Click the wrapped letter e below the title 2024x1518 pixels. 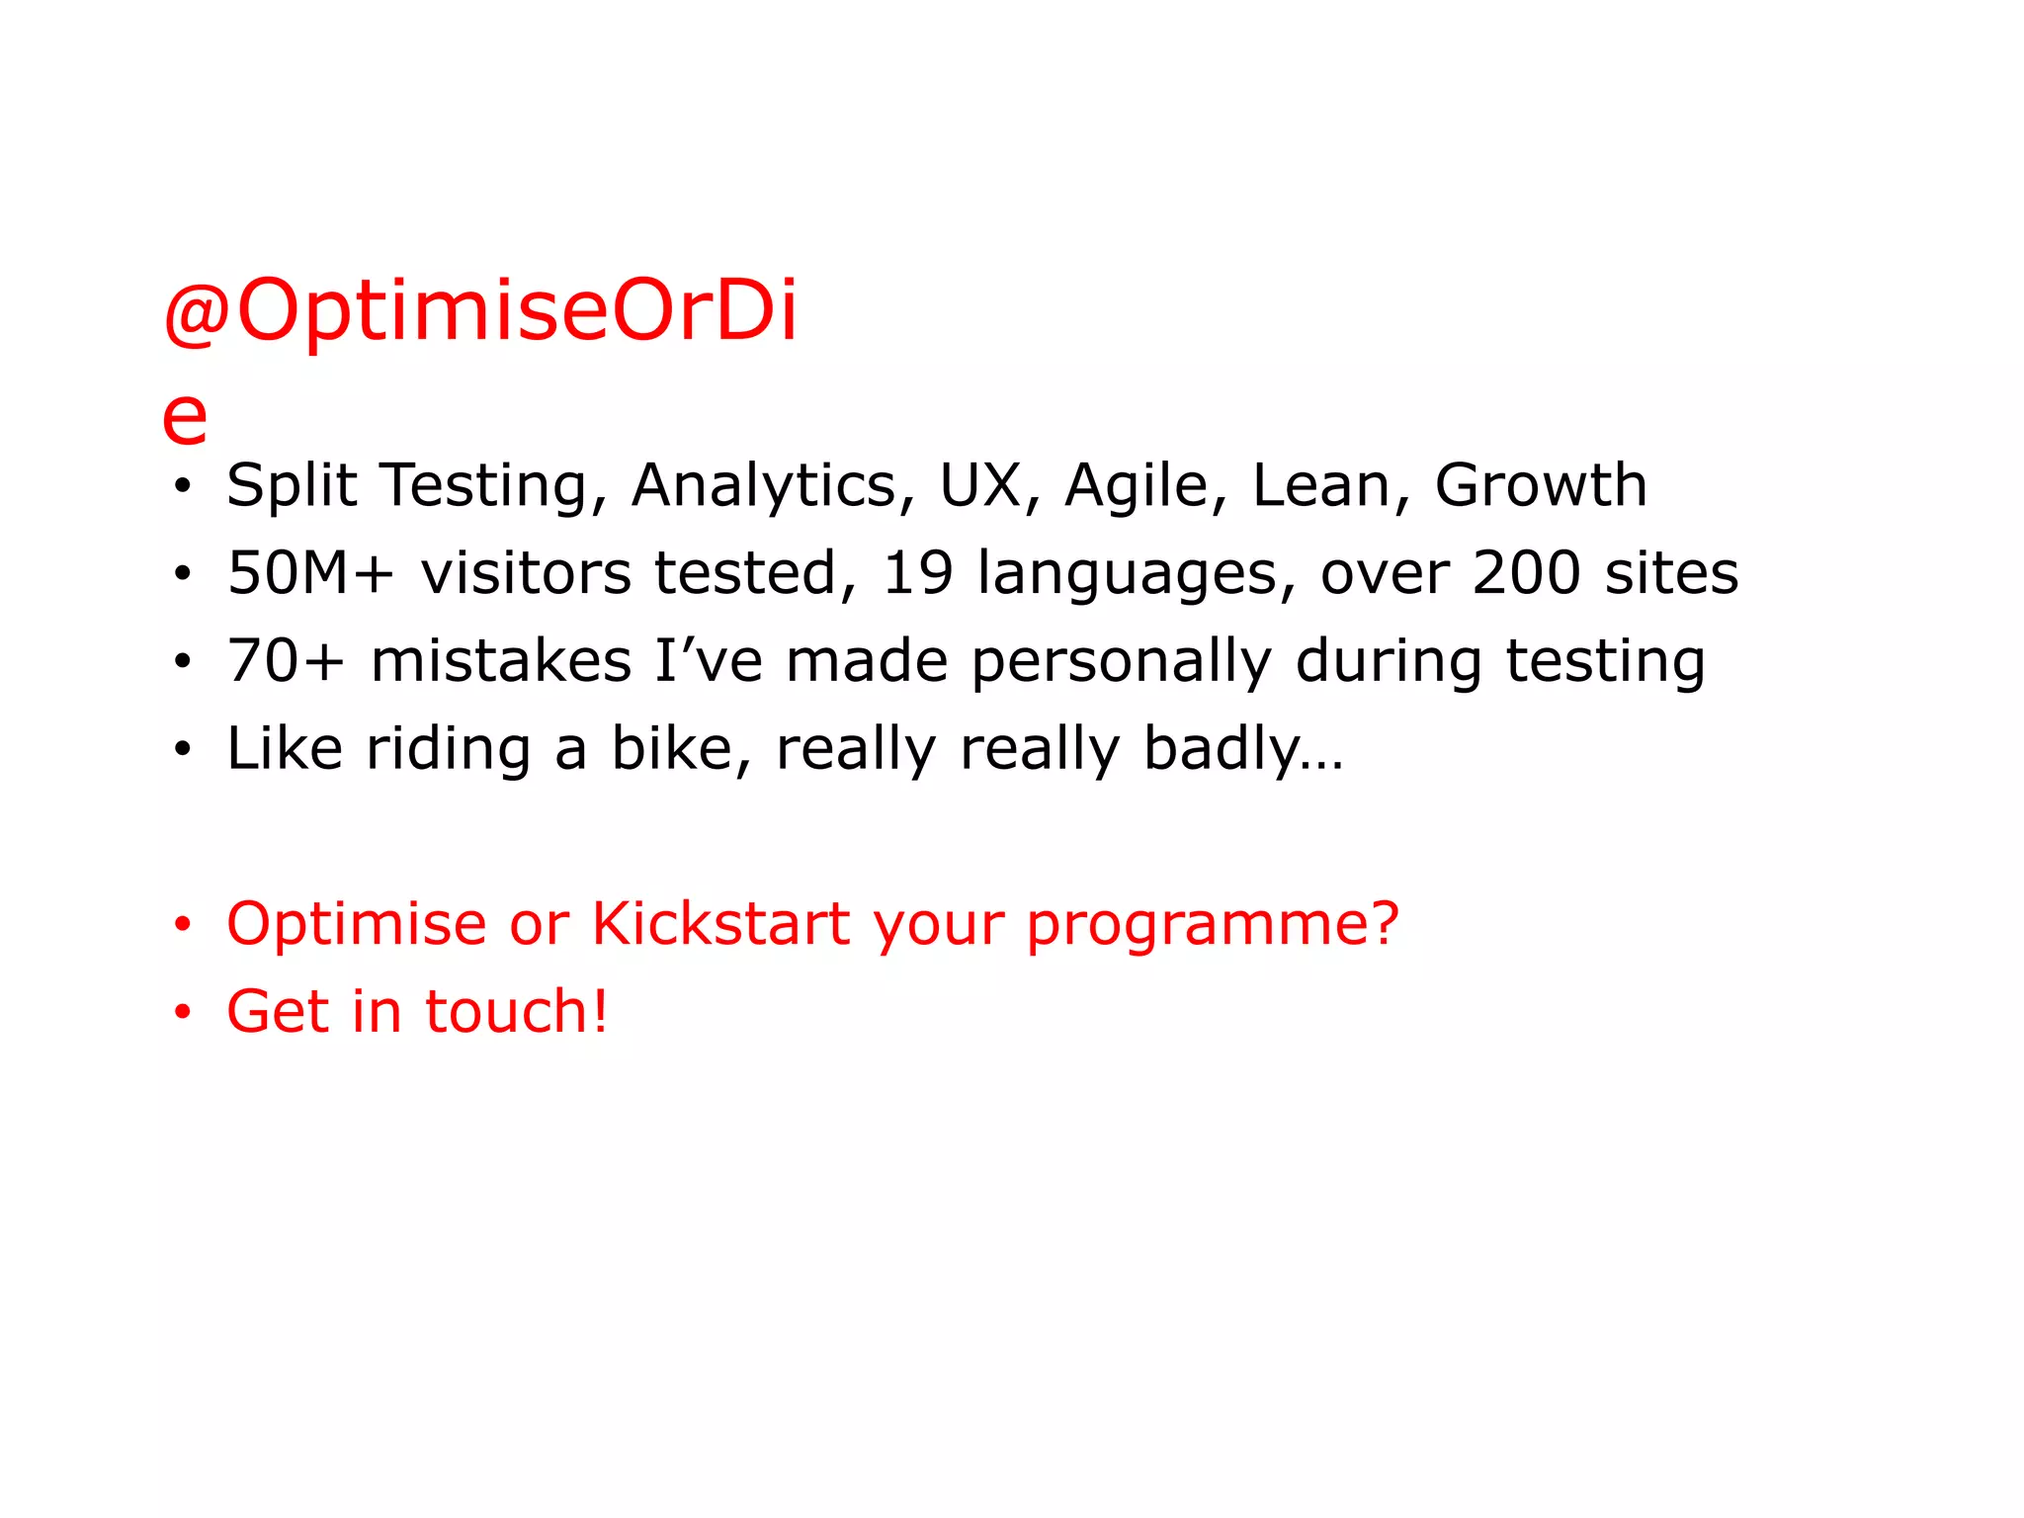[185, 417]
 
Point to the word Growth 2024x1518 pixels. [1540, 485]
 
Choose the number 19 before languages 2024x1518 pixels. [917, 573]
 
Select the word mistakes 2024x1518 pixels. [501, 661]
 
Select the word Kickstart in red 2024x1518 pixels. [720, 924]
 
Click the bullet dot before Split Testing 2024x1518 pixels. [182, 486]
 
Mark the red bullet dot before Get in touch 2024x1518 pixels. [182, 1012]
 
